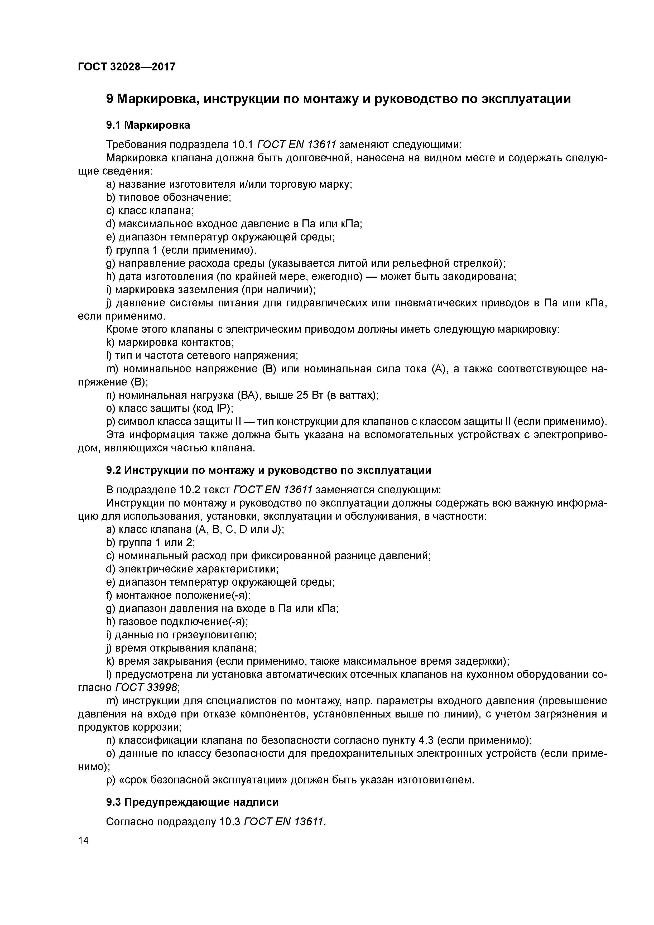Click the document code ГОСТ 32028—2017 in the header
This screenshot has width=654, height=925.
127,66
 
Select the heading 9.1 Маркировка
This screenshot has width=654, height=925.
148,125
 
